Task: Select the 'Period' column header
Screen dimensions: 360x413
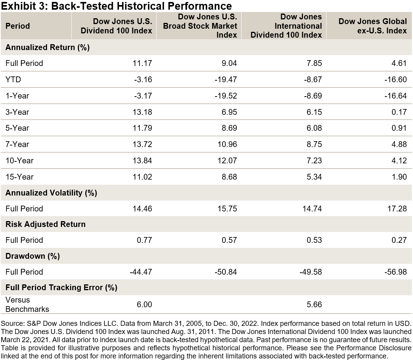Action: [x=17, y=26]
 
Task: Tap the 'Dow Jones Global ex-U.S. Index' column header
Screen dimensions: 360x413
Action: [x=373, y=26]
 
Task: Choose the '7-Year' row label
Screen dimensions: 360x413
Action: [x=17, y=144]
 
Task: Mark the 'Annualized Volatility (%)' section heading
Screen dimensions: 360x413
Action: [x=51, y=193]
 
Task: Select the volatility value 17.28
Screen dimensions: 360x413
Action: [x=397, y=209]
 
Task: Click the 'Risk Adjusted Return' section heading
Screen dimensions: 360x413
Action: [x=45, y=225]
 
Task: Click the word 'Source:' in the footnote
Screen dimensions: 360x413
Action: [x=13, y=323]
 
